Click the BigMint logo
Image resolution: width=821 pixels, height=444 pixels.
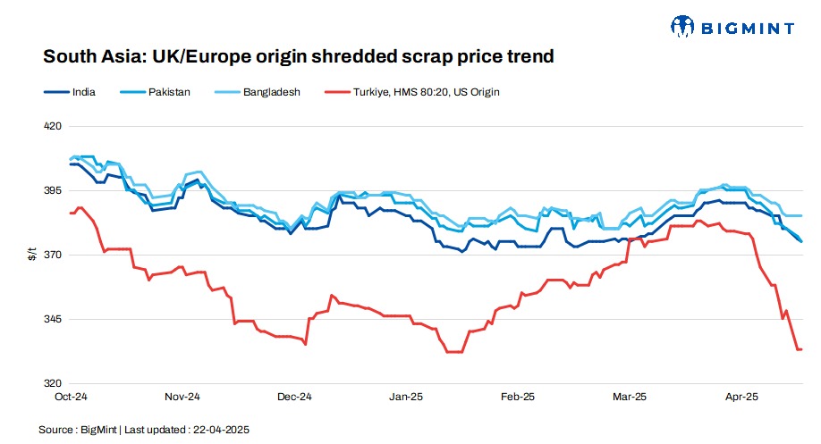(732, 27)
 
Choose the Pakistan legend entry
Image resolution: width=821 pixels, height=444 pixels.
(170, 91)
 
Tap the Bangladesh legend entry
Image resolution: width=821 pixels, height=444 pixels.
(271, 91)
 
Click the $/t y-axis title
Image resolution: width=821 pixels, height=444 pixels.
(32, 256)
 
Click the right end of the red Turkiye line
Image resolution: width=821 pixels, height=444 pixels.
(801, 349)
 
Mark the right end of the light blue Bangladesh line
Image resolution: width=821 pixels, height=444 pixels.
(801, 215)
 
